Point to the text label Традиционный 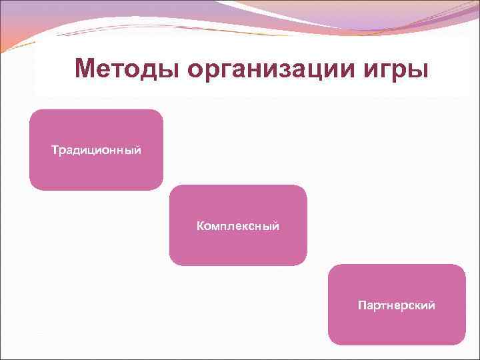pyautogui.click(x=96, y=149)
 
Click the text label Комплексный pyautogui.click(x=238, y=227)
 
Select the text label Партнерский pyautogui.click(x=397, y=306)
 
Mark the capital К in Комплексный pyautogui.click(x=200, y=227)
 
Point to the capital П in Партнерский pyautogui.click(x=361, y=306)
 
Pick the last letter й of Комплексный pyautogui.click(x=276, y=226)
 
